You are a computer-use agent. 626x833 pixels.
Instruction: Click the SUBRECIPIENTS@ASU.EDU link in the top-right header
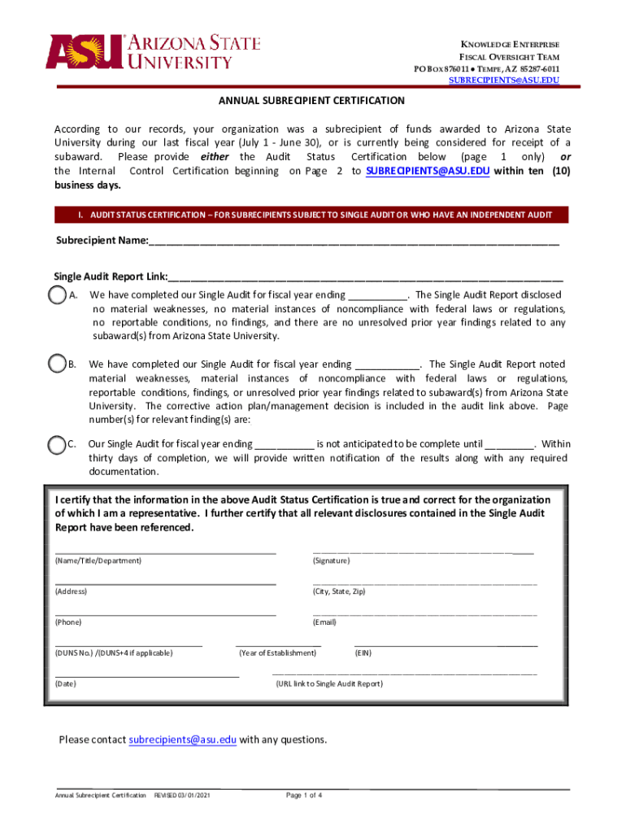click(504, 81)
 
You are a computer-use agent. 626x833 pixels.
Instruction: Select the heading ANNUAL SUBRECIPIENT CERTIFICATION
click(311, 101)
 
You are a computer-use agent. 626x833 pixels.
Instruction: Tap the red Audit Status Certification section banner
click(311, 215)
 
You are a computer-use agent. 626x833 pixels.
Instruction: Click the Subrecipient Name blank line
click(354, 242)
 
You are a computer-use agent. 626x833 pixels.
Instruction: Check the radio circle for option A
click(57, 295)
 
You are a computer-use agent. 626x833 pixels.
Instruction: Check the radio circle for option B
click(57, 364)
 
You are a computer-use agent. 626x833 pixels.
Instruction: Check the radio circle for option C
click(57, 445)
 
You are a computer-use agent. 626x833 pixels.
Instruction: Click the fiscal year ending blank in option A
click(378, 296)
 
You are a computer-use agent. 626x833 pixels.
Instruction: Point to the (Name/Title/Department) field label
click(98, 561)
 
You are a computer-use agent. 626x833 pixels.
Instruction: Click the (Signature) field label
click(331, 561)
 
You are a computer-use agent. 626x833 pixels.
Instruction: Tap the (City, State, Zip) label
click(339, 591)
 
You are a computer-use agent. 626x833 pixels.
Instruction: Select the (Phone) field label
click(68, 622)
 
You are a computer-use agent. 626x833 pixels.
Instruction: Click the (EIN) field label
click(363, 653)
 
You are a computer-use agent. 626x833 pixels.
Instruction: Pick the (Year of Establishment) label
click(277, 653)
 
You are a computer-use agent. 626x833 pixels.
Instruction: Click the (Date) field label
click(65, 684)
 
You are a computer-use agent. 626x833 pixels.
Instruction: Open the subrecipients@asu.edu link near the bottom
click(183, 739)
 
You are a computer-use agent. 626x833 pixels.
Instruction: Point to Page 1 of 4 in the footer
click(305, 795)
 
